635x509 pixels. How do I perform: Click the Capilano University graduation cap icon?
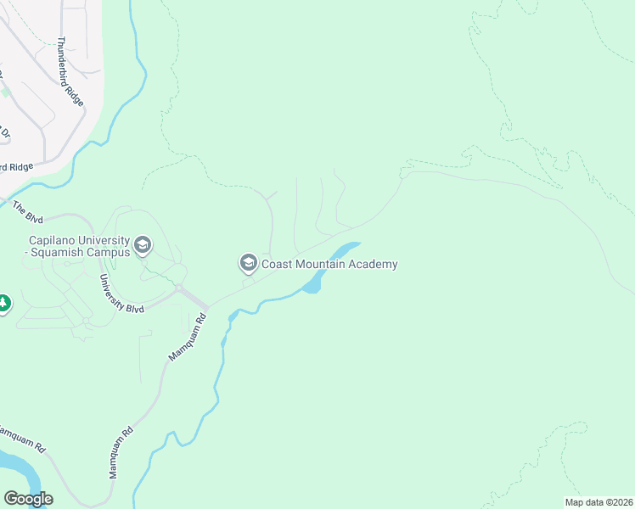click(x=143, y=246)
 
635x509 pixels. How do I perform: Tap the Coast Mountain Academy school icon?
click(x=249, y=264)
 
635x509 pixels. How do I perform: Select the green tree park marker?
click(x=3, y=302)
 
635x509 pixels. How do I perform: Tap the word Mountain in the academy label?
click(x=321, y=264)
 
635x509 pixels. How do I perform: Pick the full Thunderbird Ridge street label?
click(x=71, y=71)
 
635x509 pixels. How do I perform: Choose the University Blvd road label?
click(x=121, y=294)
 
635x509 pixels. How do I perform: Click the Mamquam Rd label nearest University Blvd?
click(x=188, y=338)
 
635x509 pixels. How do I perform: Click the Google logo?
click(x=28, y=499)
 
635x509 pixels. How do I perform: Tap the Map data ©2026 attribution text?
click(x=598, y=502)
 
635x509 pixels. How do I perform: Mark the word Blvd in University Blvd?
click(x=134, y=306)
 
